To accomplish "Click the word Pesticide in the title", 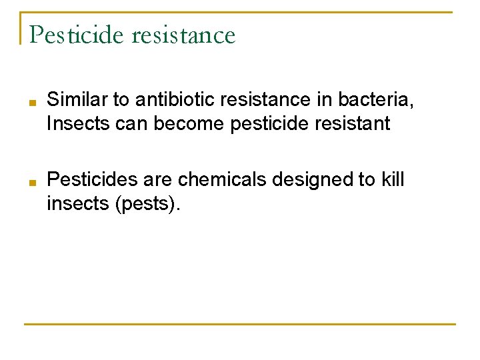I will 78,35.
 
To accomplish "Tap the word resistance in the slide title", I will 184,35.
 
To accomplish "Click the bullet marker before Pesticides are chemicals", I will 32,181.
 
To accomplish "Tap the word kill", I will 391,179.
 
